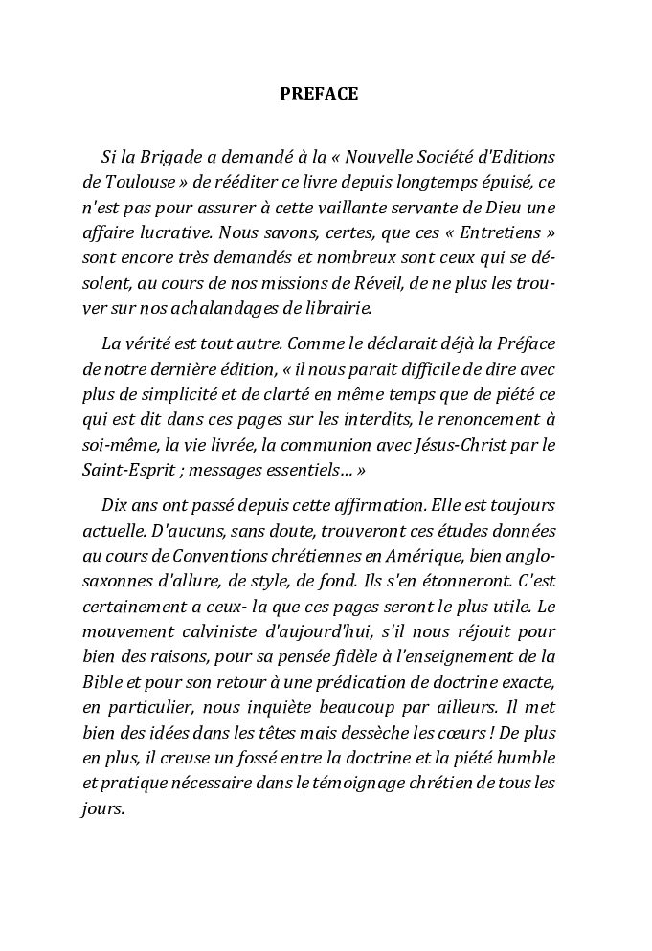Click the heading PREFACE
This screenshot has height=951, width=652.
pyautogui.click(x=319, y=94)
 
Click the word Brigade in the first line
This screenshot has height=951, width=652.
pyautogui.click(x=169, y=157)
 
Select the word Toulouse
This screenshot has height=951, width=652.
pyautogui.click(x=134, y=181)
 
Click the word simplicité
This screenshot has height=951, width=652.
pyautogui.click(x=171, y=391)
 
